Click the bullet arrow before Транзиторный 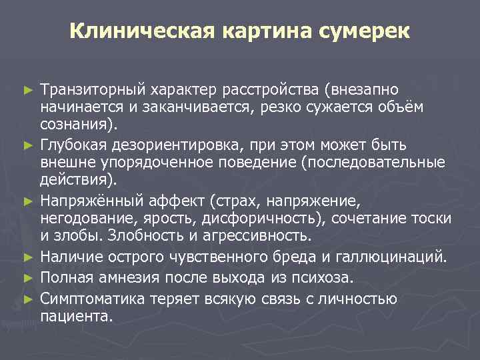click(x=27, y=89)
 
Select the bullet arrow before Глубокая click(x=27, y=145)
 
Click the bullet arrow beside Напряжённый click(x=27, y=200)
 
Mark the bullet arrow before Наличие click(x=27, y=255)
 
